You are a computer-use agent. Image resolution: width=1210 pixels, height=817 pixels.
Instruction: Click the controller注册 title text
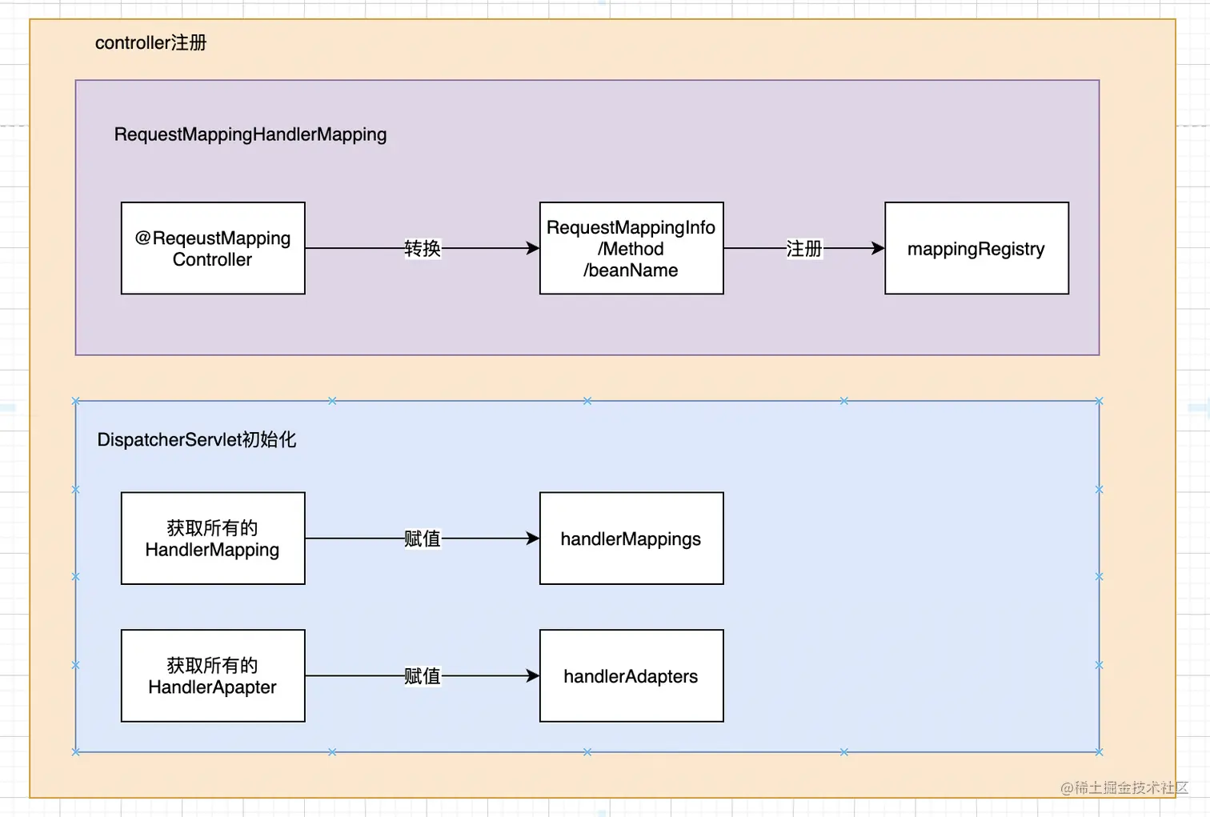click(x=150, y=42)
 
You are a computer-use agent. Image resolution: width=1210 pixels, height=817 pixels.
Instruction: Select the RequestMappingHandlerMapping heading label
click(x=250, y=134)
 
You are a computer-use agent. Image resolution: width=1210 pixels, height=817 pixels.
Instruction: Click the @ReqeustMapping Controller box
click(x=213, y=248)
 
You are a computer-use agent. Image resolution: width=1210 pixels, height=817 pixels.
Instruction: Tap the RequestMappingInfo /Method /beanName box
click(x=631, y=248)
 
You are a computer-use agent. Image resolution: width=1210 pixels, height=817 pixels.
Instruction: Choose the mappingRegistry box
click(x=976, y=248)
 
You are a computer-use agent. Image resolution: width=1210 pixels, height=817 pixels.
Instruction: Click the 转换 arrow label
click(x=422, y=248)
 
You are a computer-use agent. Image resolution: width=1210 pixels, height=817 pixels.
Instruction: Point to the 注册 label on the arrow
click(x=803, y=248)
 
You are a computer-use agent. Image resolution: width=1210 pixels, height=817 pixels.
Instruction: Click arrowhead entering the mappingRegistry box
click(x=878, y=248)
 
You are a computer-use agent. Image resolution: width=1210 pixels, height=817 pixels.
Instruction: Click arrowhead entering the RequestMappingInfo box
click(x=533, y=248)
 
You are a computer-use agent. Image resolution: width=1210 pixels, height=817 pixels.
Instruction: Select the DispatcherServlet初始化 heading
click(x=196, y=439)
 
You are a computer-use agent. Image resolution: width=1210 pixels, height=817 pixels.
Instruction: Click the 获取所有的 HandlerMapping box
click(x=213, y=539)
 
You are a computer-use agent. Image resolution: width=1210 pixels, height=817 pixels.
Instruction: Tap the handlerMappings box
click(x=631, y=539)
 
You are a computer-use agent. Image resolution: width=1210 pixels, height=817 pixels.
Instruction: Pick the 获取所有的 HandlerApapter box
click(x=213, y=676)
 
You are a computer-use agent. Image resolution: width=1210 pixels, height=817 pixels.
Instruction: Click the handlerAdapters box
click(x=631, y=676)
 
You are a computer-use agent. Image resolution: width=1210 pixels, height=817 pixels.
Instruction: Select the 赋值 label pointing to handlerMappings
click(x=422, y=539)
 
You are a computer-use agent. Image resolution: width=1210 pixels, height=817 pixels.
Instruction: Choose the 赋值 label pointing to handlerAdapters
click(x=422, y=676)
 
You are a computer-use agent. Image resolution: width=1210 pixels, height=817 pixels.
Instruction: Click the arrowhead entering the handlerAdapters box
click(x=533, y=676)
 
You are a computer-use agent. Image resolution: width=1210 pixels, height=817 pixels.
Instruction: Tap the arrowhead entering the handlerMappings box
click(x=533, y=539)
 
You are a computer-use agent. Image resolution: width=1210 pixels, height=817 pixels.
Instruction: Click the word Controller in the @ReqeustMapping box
click(x=212, y=260)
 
